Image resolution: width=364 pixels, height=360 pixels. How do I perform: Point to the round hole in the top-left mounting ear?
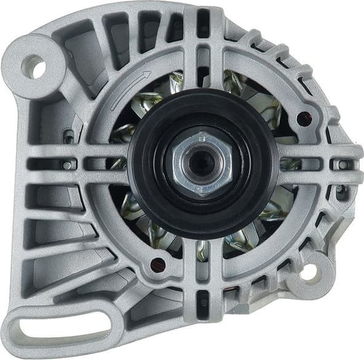(34, 66)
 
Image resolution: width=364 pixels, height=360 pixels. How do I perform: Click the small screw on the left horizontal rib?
(66, 165)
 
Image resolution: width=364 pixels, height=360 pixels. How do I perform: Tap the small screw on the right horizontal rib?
(342, 165)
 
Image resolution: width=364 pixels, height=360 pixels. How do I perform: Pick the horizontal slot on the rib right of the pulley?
(289, 165)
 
